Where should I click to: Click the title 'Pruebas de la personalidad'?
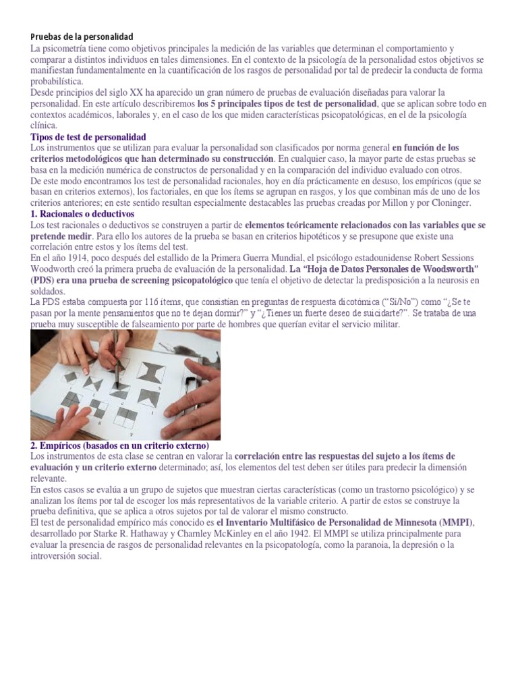point(82,36)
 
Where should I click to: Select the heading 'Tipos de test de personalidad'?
point(88,137)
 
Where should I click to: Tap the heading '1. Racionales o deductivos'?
point(82,214)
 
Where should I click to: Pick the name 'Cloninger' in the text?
point(447,203)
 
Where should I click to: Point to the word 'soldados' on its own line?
point(49,291)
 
